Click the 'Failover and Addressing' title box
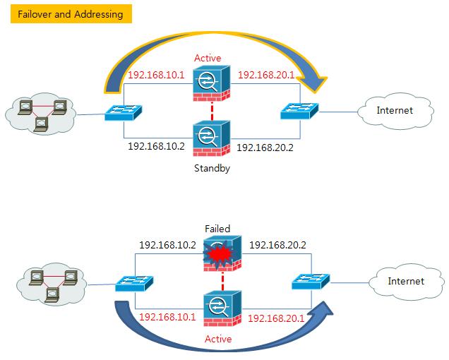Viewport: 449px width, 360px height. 71,14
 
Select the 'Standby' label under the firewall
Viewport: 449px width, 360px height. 212,169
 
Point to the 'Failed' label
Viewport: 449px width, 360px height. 217,229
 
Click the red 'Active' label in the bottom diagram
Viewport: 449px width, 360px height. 219,339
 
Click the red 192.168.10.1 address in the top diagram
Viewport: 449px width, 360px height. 156,74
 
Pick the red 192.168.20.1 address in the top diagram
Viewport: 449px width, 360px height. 265,74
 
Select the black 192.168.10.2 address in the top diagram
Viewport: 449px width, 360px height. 156,146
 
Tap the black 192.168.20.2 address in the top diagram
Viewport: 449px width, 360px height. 265,148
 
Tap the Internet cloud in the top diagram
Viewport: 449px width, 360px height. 393,111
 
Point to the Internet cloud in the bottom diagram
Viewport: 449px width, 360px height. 405,281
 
